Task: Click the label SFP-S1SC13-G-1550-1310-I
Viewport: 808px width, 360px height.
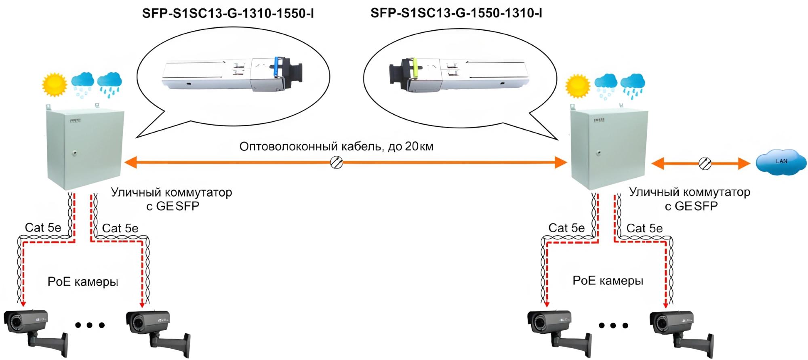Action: point(456,13)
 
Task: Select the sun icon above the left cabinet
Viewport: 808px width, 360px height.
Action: point(54,84)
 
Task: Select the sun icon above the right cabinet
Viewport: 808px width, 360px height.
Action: point(577,86)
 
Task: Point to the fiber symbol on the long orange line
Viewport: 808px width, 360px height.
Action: point(337,162)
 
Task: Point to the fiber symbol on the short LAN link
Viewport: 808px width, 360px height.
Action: point(705,163)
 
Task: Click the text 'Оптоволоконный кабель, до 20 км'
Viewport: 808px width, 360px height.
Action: point(336,146)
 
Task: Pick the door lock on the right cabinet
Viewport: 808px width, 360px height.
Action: point(598,153)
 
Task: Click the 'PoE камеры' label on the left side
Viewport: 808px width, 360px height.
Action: point(83,282)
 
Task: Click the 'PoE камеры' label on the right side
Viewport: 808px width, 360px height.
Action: point(608,281)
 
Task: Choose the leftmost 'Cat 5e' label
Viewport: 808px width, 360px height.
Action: point(43,227)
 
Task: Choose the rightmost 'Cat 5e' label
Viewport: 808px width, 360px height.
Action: point(644,228)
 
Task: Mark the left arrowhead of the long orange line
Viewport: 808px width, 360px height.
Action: point(130,163)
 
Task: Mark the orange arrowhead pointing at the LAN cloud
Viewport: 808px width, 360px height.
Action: point(744,163)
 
